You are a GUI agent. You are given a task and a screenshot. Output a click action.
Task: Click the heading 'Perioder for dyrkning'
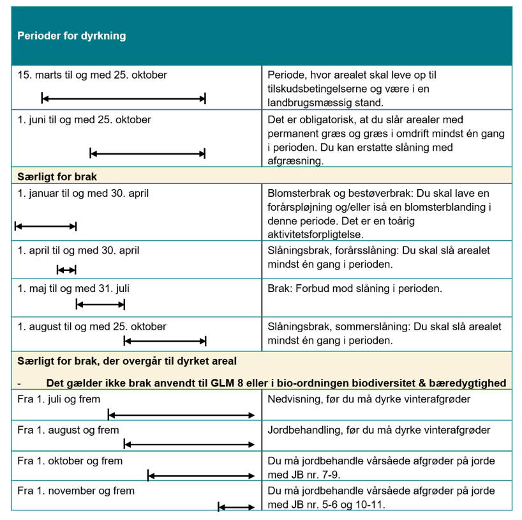coord(71,36)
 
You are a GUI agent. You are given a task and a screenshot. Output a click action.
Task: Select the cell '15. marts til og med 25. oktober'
coord(93,75)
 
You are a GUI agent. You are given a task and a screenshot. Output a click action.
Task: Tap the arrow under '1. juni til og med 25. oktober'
coord(147,153)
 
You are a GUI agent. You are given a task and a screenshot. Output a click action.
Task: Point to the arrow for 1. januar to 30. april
coord(45,226)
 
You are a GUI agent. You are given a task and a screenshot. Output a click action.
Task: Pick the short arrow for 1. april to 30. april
coord(66,270)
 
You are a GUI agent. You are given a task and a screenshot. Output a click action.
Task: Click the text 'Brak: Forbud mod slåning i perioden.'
coord(355,288)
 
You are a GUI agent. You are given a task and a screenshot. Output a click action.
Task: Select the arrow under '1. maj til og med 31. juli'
coord(101,304)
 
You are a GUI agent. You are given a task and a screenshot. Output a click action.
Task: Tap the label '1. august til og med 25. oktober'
coord(92,326)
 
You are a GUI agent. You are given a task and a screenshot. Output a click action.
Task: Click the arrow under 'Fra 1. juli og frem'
coord(181,416)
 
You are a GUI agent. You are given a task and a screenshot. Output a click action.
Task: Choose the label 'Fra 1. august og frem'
coord(68,430)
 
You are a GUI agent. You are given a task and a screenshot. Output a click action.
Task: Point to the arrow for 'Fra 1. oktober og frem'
coord(201,475)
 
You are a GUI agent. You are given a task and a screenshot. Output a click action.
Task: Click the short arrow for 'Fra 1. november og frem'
coord(236,508)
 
